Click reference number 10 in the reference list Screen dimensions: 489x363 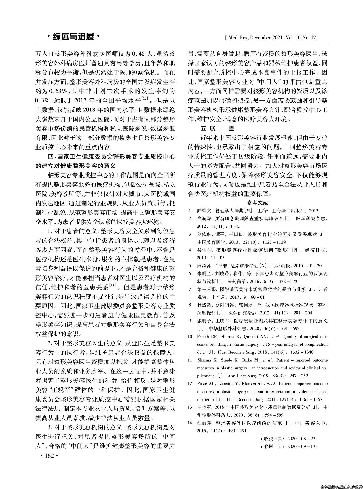point(190,337)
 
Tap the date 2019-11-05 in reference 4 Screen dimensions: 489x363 point(210,258)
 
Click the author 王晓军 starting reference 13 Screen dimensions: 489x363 point(204,407)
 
